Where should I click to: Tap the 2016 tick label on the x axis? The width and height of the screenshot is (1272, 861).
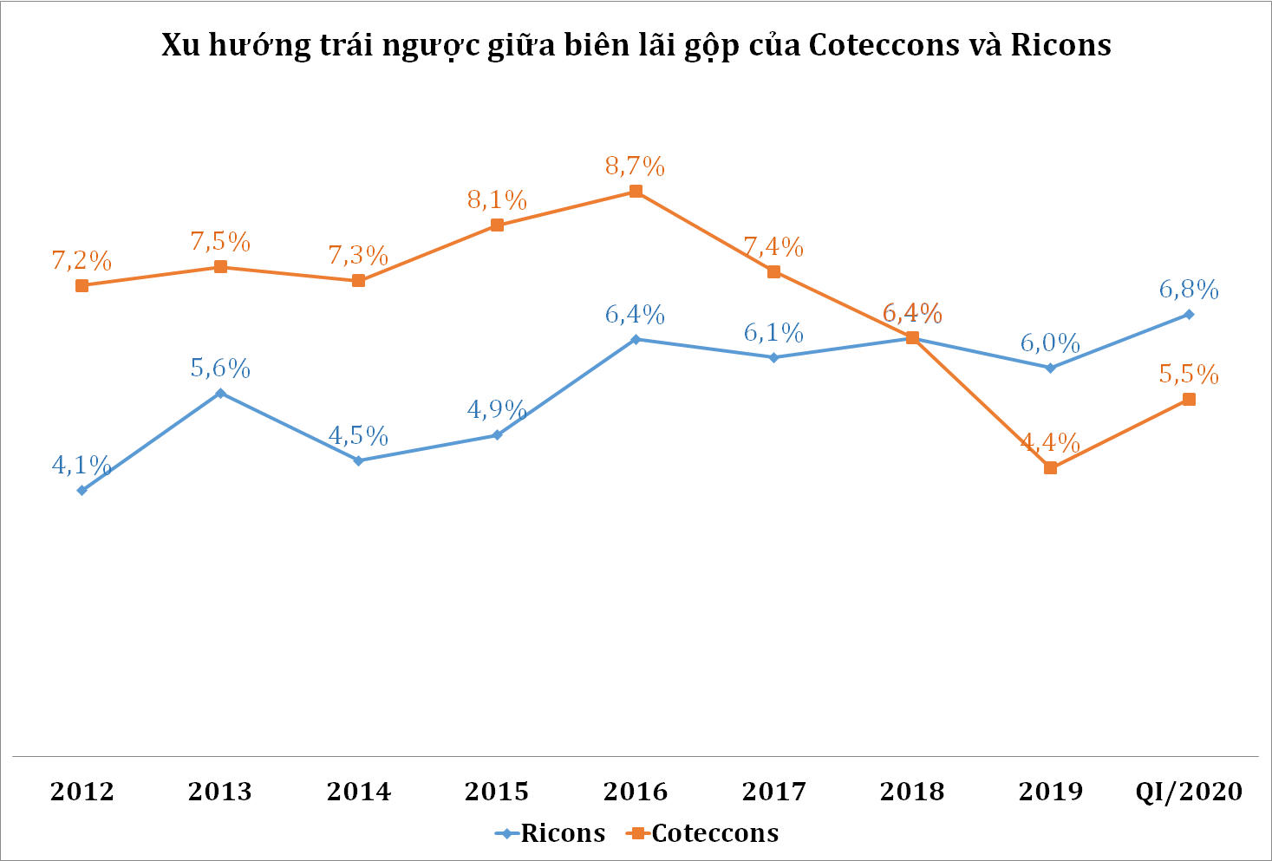636,792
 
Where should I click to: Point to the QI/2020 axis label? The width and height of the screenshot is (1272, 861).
1189,792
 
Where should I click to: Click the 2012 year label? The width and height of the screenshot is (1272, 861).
82,792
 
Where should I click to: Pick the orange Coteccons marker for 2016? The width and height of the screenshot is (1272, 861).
636,191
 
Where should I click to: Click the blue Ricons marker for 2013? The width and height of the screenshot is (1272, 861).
220,393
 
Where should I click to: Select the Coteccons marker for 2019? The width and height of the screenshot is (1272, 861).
1051,467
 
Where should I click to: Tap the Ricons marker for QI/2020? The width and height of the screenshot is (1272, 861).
1189,314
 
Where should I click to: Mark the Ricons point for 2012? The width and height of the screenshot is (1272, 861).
82,490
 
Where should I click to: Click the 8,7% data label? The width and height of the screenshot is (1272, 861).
636,166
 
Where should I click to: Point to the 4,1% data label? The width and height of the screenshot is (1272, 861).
82,466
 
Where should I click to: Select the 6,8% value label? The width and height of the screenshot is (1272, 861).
1189,290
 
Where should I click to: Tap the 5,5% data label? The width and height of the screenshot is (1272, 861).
1189,375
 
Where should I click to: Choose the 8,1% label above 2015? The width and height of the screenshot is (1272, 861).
497,200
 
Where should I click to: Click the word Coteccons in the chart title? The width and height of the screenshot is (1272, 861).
884,45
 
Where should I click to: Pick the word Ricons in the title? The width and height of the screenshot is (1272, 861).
1060,45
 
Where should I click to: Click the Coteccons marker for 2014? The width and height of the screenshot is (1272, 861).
358,280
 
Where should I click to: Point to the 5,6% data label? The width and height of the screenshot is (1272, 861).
220,369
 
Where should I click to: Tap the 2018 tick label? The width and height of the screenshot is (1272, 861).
912,792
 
